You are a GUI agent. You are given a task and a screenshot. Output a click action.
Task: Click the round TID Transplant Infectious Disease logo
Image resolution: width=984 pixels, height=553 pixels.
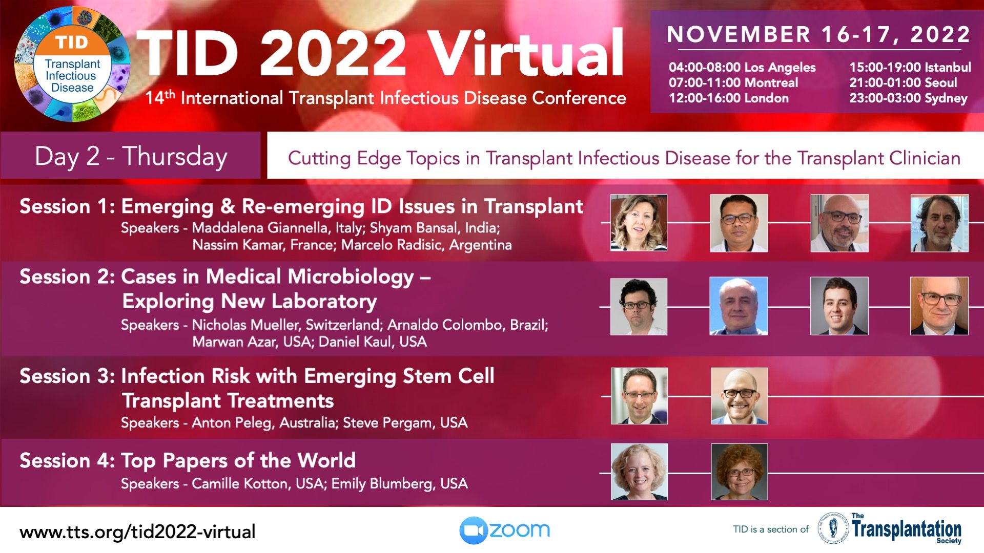(x=72, y=64)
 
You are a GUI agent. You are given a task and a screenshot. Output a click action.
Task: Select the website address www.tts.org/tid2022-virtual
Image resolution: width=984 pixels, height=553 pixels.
(x=137, y=532)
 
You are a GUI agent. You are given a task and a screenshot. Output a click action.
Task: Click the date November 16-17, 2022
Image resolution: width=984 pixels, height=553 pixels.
(x=818, y=34)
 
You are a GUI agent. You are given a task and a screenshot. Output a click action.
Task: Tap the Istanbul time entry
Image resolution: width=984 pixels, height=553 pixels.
(x=910, y=67)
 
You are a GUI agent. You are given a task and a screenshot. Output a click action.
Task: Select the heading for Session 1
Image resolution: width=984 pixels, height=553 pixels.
(x=301, y=206)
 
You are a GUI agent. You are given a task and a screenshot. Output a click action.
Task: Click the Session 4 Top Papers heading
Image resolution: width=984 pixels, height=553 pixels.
(x=188, y=460)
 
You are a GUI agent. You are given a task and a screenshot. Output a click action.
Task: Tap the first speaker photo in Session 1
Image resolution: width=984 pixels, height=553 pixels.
(x=639, y=223)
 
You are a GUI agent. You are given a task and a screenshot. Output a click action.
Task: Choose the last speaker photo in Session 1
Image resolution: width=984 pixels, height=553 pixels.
(x=939, y=223)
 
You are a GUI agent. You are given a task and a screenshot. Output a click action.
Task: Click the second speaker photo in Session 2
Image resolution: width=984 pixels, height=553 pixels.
(x=739, y=306)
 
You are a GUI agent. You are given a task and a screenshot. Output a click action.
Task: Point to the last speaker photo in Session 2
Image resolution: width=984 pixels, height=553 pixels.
(x=939, y=306)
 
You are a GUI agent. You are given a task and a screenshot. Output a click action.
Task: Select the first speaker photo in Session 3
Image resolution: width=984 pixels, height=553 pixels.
(x=639, y=396)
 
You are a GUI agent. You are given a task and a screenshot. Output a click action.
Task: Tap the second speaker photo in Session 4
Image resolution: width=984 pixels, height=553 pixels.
(x=739, y=472)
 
